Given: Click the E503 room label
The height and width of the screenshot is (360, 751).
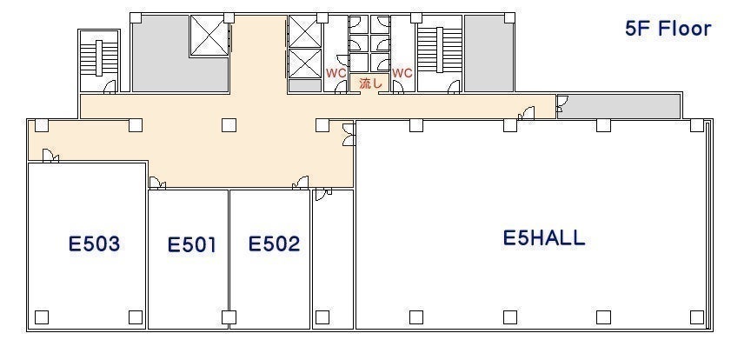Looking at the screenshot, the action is click(x=94, y=244).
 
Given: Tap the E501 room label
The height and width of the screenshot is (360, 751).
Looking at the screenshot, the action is click(x=191, y=245).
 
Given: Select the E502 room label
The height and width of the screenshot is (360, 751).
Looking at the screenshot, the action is click(x=274, y=244).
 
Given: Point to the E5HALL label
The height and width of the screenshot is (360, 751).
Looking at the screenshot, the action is click(x=544, y=238).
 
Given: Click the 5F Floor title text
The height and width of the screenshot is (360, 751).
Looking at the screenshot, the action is click(x=668, y=29).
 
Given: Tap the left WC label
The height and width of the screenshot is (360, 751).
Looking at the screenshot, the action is click(x=336, y=73).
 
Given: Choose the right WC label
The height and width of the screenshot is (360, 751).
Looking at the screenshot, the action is click(x=402, y=73).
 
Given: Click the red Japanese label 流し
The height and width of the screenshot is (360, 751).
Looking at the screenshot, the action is click(x=370, y=83).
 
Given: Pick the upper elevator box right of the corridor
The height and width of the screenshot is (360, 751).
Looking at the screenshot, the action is click(x=304, y=31).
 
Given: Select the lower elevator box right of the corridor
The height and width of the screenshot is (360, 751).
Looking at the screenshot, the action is click(x=304, y=63).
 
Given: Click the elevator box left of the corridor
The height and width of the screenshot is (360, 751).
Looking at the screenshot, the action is click(x=209, y=36).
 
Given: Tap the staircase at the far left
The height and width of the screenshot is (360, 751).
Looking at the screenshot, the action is click(x=99, y=58).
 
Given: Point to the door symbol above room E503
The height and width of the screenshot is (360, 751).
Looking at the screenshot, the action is click(x=50, y=157).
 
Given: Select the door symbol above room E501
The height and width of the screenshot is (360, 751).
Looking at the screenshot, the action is click(x=157, y=183).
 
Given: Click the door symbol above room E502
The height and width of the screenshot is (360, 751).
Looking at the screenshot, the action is click(x=301, y=183).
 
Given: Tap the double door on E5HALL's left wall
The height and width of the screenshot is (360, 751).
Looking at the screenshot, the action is click(x=349, y=134).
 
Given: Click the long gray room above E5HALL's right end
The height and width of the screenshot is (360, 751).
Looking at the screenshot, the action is click(x=619, y=106).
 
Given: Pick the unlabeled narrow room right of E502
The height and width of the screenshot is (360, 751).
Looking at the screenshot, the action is click(x=333, y=259).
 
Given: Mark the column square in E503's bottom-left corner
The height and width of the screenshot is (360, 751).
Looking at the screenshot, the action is click(x=42, y=317).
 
